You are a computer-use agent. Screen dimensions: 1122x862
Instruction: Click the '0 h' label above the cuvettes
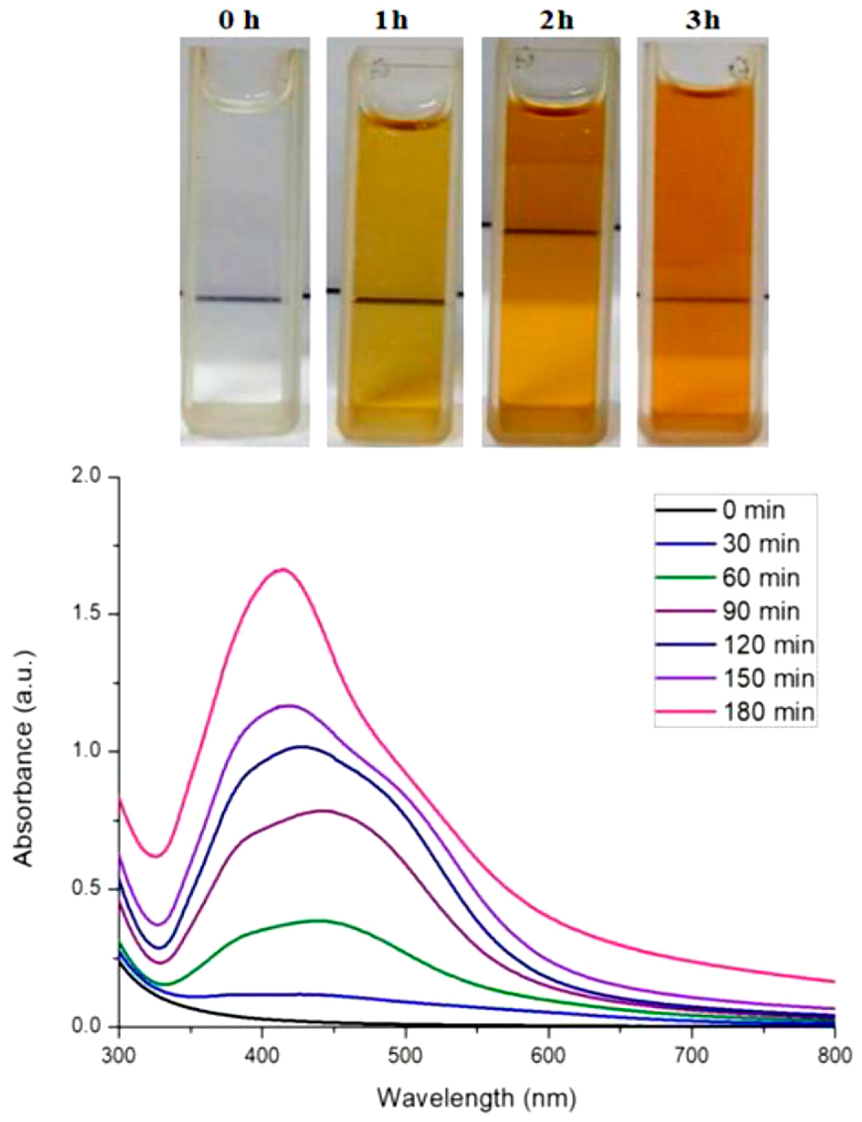pos(239,22)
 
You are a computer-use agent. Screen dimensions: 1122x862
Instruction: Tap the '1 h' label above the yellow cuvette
pos(391,22)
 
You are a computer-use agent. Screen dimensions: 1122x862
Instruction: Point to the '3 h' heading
pos(703,22)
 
